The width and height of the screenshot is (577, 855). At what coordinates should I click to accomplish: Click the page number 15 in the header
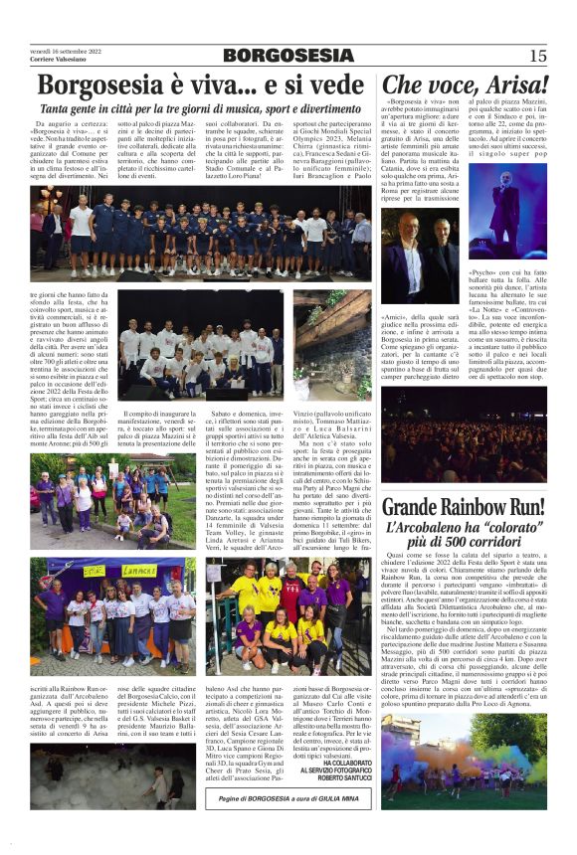tap(538, 56)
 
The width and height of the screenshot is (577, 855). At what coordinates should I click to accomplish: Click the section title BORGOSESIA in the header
tap(288, 56)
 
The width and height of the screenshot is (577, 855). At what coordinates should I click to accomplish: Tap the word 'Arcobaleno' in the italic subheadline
tap(441, 531)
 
